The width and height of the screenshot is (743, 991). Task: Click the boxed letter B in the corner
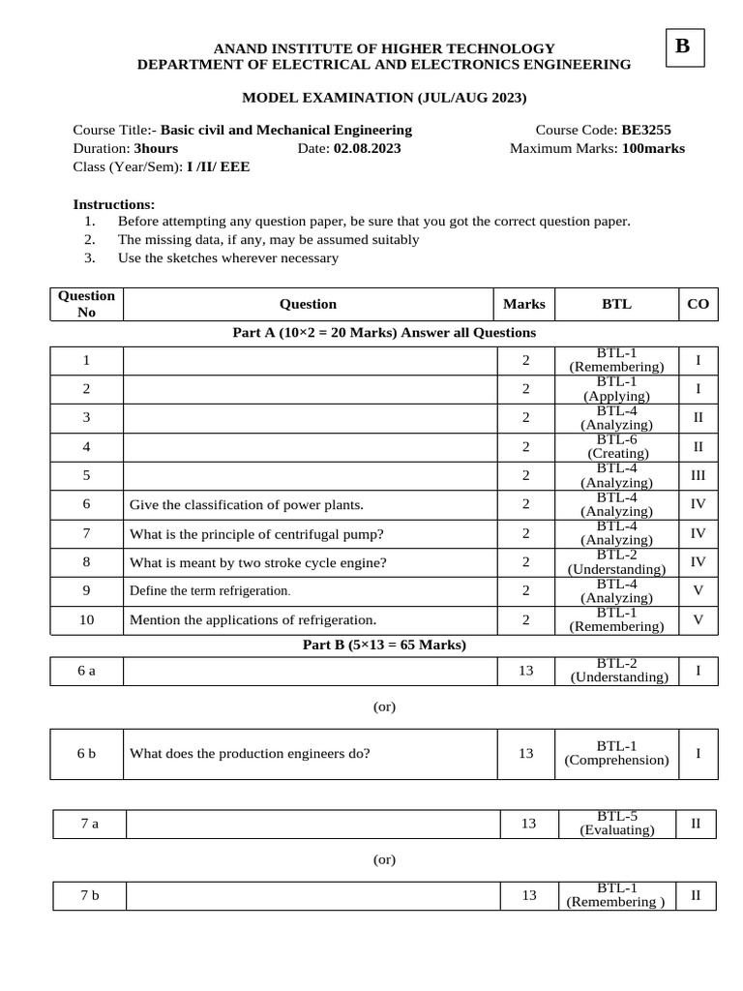click(x=683, y=47)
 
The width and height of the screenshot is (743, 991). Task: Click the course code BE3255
click(x=646, y=130)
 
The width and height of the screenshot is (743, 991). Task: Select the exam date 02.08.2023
click(x=367, y=148)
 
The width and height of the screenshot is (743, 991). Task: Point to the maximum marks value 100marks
click(x=653, y=148)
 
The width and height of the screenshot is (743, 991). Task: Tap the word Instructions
click(x=113, y=204)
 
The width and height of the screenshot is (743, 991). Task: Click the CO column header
click(x=698, y=304)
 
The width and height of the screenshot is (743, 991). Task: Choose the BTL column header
click(x=616, y=304)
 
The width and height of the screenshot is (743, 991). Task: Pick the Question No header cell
click(x=87, y=304)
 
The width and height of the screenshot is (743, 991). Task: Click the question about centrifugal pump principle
click(x=256, y=533)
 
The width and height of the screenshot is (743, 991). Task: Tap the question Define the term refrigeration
click(x=210, y=590)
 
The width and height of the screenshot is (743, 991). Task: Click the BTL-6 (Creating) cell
click(x=617, y=446)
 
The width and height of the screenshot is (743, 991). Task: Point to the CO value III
click(x=698, y=475)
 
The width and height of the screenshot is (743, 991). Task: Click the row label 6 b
click(x=87, y=753)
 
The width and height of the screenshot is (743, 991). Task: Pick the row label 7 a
click(x=89, y=824)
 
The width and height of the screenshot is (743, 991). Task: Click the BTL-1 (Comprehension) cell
click(x=616, y=753)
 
